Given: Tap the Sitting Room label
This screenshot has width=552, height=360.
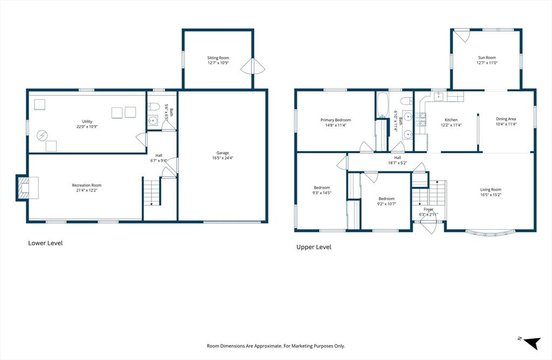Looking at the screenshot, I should [x=218, y=58].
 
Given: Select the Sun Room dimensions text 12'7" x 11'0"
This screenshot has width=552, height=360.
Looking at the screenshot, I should [x=486, y=63].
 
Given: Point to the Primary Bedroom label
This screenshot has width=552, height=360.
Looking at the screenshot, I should [x=335, y=120].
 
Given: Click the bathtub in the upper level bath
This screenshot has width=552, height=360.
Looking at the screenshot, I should [x=382, y=105].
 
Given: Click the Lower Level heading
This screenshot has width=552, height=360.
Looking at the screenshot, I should [x=45, y=243].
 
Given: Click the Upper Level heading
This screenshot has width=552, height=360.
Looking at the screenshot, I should [x=314, y=247].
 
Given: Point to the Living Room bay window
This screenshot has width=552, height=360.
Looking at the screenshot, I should [x=490, y=233].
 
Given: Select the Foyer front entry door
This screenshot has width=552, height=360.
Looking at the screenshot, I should [x=429, y=227].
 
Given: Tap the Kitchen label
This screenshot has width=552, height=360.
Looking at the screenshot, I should [x=451, y=120].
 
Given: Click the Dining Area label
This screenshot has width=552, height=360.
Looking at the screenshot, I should [x=506, y=119].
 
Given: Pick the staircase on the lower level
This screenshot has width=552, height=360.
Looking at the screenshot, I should [x=152, y=192].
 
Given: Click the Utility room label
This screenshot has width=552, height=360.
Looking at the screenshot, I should [x=87, y=122].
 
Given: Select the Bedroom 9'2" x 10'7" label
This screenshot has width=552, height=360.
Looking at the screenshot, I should [x=386, y=198].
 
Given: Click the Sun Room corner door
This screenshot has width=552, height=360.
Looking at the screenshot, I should [x=460, y=36].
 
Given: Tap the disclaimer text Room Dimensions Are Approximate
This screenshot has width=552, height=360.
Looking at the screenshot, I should [x=276, y=345].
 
